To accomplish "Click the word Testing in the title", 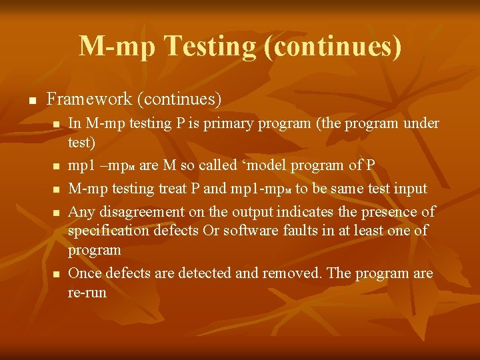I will pos(209,47).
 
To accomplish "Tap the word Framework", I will pos(89,99).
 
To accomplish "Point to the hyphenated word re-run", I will pos(87,292).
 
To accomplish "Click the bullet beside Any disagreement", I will pos(56,213).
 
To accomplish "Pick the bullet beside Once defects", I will pos(56,274).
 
